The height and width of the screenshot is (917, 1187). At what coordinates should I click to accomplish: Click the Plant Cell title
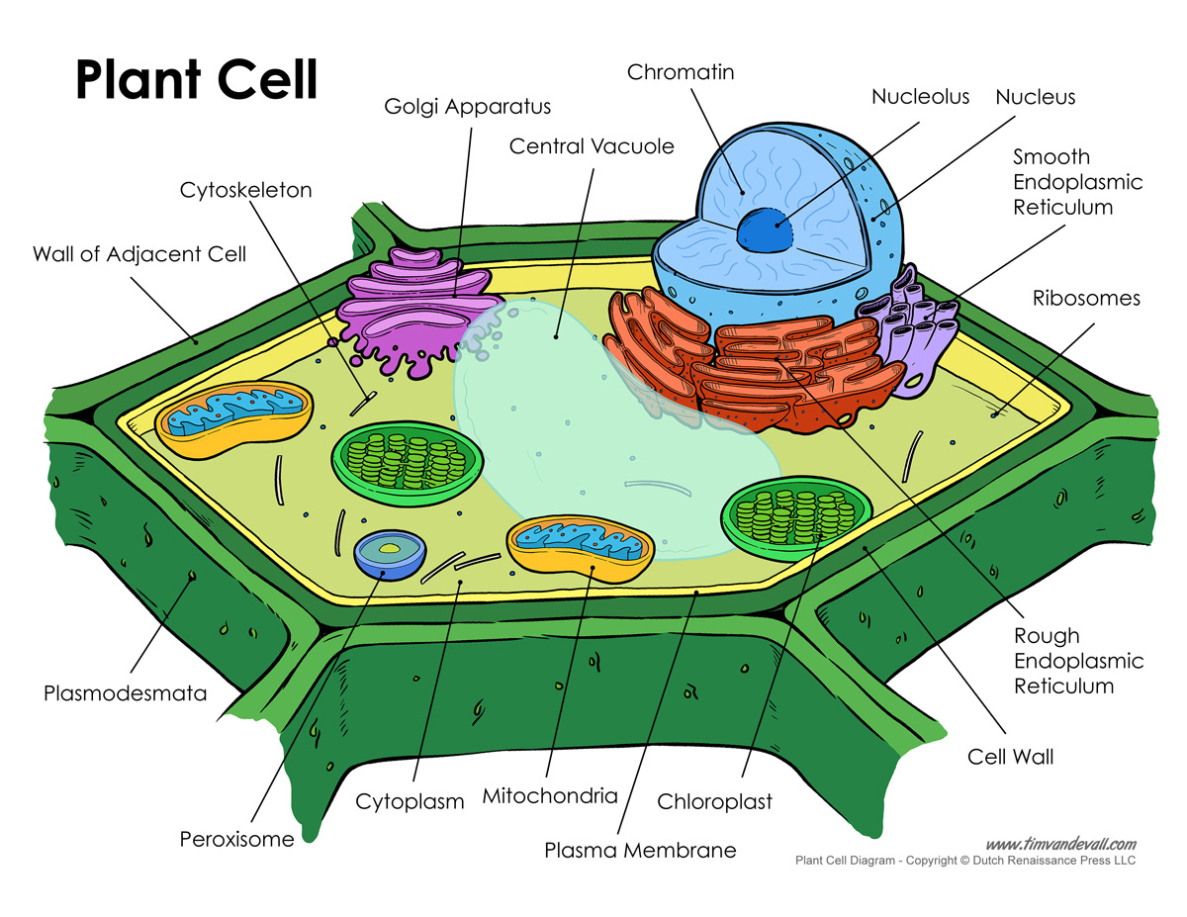(x=197, y=79)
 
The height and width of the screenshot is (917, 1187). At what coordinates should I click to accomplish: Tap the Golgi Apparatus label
(x=468, y=106)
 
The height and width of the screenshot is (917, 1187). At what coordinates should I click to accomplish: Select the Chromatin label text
(x=681, y=71)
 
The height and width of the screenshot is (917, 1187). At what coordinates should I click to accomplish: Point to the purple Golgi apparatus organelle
(x=415, y=312)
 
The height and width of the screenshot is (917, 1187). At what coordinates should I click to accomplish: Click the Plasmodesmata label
(x=126, y=692)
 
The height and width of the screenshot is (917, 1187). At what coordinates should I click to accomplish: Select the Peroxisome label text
(x=236, y=839)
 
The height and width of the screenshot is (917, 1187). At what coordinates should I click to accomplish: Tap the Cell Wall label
(x=1010, y=757)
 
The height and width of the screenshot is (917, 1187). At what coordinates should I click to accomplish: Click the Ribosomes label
(x=1086, y=298)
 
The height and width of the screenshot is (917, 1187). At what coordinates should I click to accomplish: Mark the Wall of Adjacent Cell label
(x=139, y=254)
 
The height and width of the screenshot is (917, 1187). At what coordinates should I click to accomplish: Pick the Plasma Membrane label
(x=640, y=849)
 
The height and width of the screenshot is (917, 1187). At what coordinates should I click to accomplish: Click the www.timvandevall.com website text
(x=1060, y=844)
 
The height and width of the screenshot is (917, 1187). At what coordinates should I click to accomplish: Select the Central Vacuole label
(x=592, y=146)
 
